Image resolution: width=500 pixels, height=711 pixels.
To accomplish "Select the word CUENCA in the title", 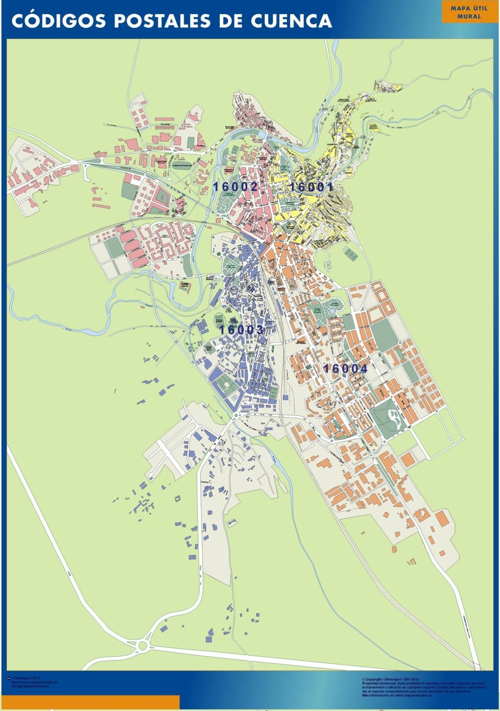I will pyautogui.click(x=291, y=21).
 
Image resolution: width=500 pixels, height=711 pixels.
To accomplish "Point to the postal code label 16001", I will pyautogui.click(x=312, y=187).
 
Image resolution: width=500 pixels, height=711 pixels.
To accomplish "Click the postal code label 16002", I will pyautogui.click(x=236, y=187).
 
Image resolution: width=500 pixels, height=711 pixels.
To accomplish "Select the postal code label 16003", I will pyautogui.click(x=242, y=330).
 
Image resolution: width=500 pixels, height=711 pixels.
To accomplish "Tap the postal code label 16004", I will pyautogui.click(x=346, y=369).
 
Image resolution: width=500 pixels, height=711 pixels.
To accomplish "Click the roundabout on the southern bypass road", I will pyautogui.click(x=143, y=646).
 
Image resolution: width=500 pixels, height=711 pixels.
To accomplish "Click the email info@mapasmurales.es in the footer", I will pyautogui.click(x=31, y=686).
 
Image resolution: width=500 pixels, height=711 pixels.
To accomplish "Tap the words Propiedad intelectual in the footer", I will pyautogui.click(x=379, y=684).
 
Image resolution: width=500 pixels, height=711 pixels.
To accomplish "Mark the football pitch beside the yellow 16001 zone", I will pyautogui.click(x=351, y=255).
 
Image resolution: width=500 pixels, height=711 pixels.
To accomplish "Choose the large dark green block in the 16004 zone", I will pyautogui.click(x=384, y=335).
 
